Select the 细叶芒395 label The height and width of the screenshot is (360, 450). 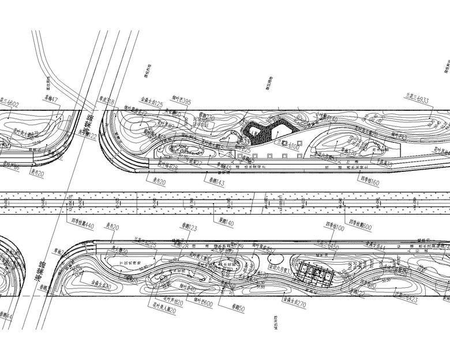coord(183,101)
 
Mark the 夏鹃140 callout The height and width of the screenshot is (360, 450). coord(226,222)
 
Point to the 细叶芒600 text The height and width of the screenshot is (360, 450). coord(200,303)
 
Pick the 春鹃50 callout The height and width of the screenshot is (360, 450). coord(238,309)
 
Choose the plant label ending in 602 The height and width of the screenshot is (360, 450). coord(9,104)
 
